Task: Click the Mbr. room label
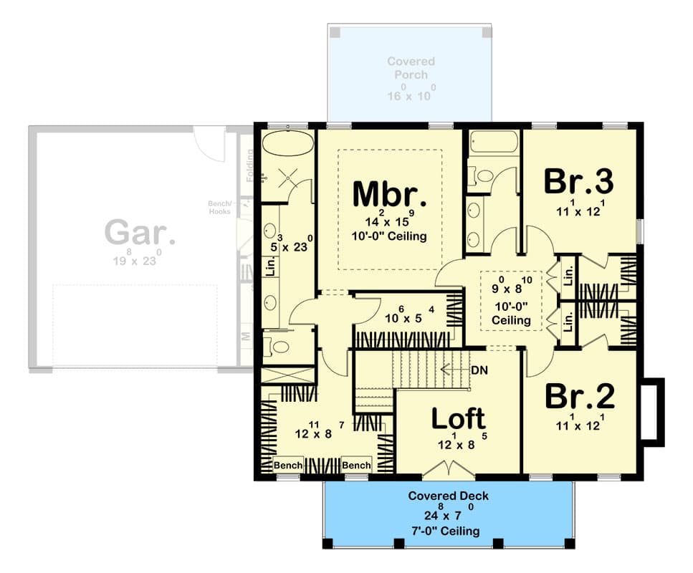(390, 195)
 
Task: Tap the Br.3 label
(578, 182)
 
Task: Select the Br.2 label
(578, 397)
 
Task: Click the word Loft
(458, 420)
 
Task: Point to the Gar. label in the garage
(140, 233)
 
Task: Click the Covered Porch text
(411, 68)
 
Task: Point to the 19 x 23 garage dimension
(140, 261)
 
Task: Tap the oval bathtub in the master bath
(287, 143)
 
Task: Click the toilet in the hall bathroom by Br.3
(482, 176)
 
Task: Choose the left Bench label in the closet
(288, 466)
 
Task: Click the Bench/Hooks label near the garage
(218, 207)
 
